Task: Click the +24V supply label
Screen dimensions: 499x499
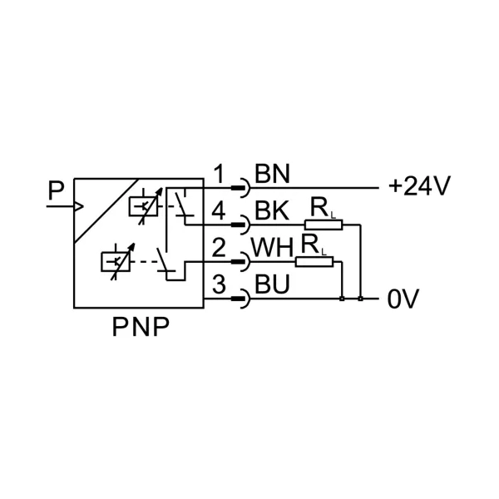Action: click(x=418, y=186)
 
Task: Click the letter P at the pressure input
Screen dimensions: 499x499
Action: click(x=56, y=192)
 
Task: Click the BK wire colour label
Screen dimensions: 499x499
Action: click(x=271, y=212)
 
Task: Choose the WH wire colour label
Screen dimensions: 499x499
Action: click(x=274, y=249)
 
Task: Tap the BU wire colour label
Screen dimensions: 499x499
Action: click(x=271, y=285)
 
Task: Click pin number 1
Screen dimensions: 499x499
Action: click(x=219, y=175)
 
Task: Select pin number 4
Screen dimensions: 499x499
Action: click(x=219, y=211)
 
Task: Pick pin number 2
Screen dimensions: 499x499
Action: click(x=219, y=248)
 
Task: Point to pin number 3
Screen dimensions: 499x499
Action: click(x=219, y=284)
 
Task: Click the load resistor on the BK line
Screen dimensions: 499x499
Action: click(x=324, y=225)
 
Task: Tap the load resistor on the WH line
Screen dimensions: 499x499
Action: click(x=314, y=261)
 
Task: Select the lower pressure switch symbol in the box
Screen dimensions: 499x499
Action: click(x=114, y=261)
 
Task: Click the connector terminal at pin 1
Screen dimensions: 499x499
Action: click(x=242, y=188)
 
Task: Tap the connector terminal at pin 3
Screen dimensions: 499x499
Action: click(x=242, y=298)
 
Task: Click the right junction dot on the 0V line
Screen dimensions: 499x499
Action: click(x=360, y=298)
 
